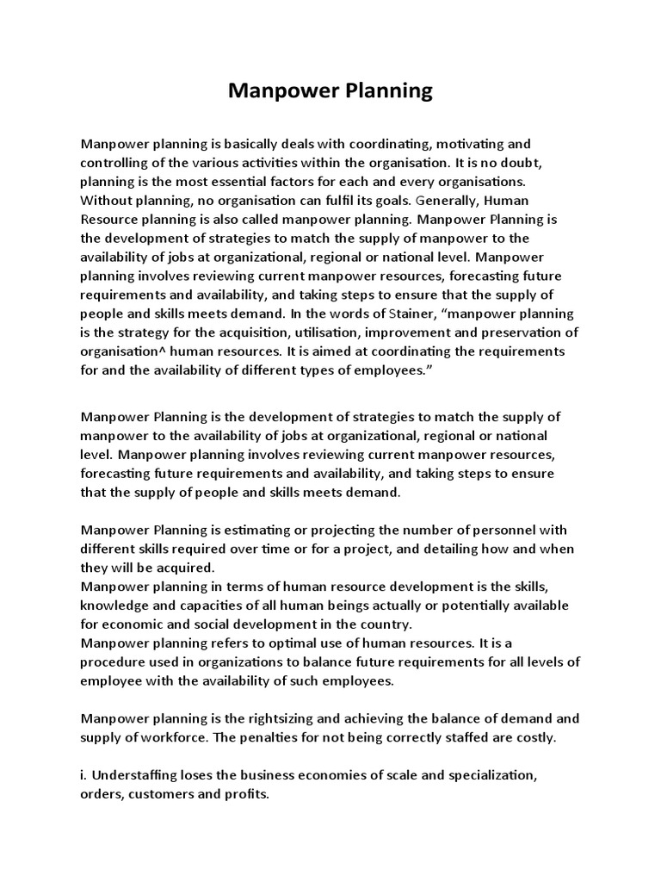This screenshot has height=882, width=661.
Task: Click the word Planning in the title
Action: point(385,91)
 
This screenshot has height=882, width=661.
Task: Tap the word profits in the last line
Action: point(249,795)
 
